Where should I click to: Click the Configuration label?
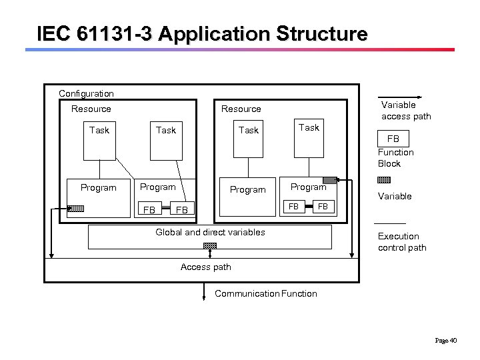86,94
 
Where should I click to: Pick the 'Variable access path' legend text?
405,111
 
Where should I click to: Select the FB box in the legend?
393,139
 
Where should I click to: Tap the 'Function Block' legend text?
395,158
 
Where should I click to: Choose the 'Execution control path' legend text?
401,242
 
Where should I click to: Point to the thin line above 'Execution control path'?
389,223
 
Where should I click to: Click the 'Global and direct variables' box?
210,237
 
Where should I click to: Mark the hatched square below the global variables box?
210,246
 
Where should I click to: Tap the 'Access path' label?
205,267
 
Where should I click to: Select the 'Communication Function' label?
265,294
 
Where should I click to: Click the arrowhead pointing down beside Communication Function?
204,299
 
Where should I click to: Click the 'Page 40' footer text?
445,341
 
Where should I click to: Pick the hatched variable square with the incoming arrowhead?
329,179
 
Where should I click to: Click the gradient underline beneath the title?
240,49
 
